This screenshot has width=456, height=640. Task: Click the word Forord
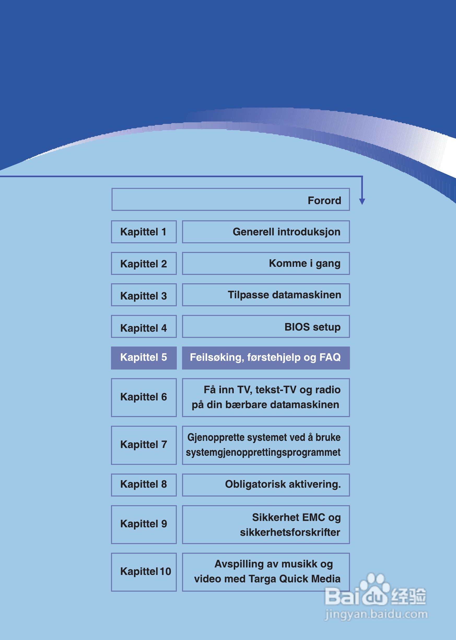324,200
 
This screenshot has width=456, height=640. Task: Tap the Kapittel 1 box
143,232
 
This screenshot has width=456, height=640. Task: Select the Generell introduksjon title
287,232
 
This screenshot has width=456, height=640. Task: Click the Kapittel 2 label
143,264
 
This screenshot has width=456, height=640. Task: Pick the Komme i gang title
305,263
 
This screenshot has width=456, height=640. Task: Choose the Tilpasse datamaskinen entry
284,295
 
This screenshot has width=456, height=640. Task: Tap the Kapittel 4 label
143,328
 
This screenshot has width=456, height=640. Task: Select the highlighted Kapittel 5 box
143,357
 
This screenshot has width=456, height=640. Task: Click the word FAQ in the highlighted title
330,357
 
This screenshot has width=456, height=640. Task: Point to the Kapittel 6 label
143,397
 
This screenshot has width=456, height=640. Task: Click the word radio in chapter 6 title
328,390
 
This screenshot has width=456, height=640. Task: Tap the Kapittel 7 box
143,445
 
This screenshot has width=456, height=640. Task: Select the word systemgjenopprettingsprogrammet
263,452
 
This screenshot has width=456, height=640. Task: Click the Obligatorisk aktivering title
283,484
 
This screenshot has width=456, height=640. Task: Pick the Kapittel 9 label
143,524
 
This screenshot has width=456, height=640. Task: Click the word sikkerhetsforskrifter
290,532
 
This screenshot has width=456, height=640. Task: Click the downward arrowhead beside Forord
362,201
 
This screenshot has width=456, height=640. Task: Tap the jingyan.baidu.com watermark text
376,614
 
